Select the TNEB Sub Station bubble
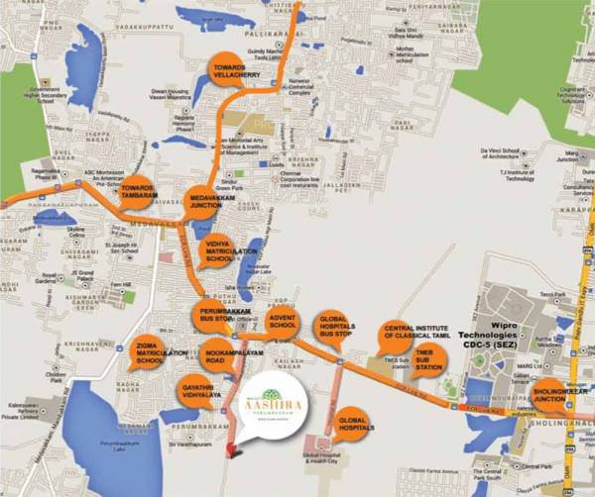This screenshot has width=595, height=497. (x=428, y=358)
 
